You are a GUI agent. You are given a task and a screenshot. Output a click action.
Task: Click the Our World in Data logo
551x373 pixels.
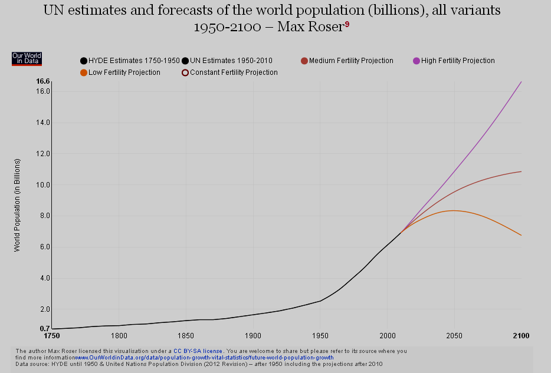(x=27, y=58)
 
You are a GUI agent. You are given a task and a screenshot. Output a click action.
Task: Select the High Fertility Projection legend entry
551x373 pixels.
(x=454, y=61)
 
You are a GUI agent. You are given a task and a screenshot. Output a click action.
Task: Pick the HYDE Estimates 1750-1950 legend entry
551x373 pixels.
(x=130, y=61)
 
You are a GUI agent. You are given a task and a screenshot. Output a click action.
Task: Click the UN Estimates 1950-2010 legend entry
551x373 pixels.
(x=227, y=61)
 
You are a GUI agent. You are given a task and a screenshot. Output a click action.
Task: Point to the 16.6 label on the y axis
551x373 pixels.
(x=42, y=81)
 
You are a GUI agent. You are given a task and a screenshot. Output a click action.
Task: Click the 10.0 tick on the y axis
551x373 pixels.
(x=42, y=185)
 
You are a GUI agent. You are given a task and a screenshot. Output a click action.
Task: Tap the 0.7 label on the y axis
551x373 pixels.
(x=45, y=328)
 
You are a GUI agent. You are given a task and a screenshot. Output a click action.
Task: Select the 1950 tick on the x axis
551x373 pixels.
(x=320, y=335)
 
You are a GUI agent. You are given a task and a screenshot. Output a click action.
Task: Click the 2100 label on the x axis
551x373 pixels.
(x=521, y=335)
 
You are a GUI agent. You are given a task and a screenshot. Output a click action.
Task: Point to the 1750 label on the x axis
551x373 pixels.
(x=53, y=335)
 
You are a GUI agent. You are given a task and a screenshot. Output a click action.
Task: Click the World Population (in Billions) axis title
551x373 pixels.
(x=17, y=205)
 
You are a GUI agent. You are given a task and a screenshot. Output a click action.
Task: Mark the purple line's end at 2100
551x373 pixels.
(x=521, y=82)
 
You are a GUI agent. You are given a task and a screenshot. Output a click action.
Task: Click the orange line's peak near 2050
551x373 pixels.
(x=453, y=210)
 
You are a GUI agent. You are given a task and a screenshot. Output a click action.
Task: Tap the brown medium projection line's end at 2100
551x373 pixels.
(x=521, y=171)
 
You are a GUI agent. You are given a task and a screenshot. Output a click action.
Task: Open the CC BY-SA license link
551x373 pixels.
(x=198, y=351)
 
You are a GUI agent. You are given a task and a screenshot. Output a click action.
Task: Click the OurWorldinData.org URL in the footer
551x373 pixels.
(x=204, y=358)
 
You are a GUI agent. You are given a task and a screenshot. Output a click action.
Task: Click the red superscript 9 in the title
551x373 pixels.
(x=347, y=24)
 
